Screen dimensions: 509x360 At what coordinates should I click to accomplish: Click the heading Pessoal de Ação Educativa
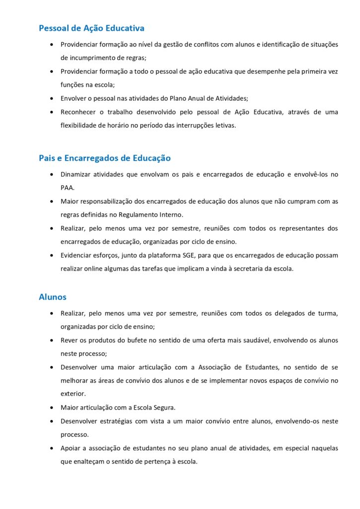(x=91, y=28)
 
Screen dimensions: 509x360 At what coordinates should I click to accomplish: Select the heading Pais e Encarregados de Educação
(x=104, y=158)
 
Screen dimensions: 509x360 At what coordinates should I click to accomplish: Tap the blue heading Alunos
(x=53, y=297)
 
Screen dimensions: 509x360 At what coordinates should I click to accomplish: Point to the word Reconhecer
(x=79, y=112)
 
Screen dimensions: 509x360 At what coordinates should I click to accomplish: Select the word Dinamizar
(x=77, y=174)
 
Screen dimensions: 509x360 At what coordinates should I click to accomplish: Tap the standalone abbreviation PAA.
(x=68, y=188)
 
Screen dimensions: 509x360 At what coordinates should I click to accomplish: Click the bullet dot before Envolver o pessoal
(x=53, y=98)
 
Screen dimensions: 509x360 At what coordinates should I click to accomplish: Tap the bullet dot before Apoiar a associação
(x=53, y=448)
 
